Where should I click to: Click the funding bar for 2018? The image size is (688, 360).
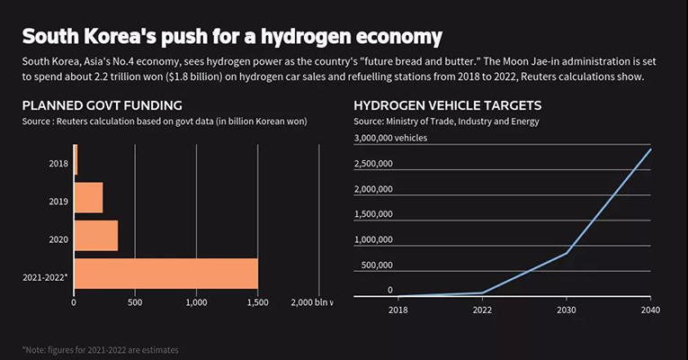click(76, 159)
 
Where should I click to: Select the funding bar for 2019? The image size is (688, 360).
click(88, 197)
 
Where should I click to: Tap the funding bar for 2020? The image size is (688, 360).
click(95, 236)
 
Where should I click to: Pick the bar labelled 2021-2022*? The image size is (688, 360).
click(165, 274)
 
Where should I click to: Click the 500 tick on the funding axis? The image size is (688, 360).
click(134, 302)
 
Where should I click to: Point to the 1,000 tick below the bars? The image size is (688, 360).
click(196, 302)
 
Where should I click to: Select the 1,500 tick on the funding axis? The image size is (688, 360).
click(257, 302)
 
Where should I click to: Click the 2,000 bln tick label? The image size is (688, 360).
click(311, 302)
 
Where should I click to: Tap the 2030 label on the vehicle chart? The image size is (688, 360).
click(566, 311)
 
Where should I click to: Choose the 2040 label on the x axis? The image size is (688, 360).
click(650, 311)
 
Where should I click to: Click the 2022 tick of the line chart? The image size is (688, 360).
click(481, 311)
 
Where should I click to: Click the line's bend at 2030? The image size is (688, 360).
click(566, 253)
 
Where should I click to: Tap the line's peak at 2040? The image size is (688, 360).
click(650, 149)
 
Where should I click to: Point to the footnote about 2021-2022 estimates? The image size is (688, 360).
click(106, 348)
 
